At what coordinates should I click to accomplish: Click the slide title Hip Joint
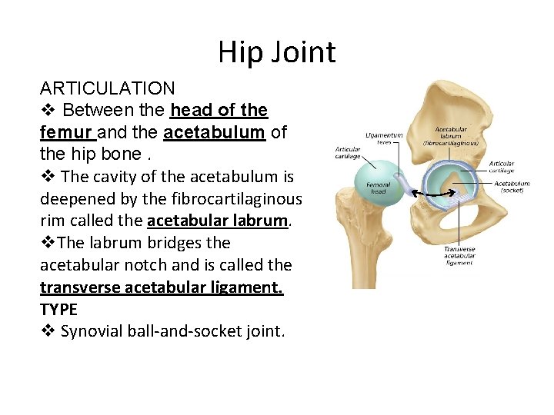(x=276, y=52)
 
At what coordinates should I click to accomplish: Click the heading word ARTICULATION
(x=107, y=88)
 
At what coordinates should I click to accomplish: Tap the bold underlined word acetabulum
(x=214, y=132)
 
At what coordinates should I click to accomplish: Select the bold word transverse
(x=80, y=287)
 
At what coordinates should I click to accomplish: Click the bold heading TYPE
(x=58, y=310)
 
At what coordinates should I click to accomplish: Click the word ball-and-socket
(x=189, y=332)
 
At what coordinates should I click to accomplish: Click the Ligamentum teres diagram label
(x=385, y=138)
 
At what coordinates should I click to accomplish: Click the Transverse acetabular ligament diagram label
(x=459, y=256)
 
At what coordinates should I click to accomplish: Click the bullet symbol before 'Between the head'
(x=47, y=111)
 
